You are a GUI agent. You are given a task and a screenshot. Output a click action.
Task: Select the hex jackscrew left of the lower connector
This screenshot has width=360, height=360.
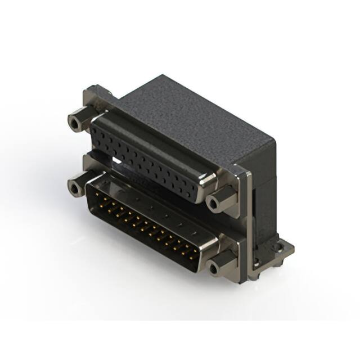tap(78, 185)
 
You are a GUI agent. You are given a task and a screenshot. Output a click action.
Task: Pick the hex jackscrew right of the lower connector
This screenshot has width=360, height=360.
tap(220, 265)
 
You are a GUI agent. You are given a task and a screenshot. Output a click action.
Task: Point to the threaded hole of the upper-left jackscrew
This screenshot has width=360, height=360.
tap(73, 121)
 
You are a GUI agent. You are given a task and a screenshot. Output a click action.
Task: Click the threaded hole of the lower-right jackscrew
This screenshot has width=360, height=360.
tap(214, 268)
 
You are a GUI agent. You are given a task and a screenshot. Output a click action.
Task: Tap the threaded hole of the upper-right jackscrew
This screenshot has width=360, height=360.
tap(213, 203)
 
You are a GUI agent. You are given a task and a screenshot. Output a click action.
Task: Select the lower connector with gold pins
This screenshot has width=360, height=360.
tap(149, 225)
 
